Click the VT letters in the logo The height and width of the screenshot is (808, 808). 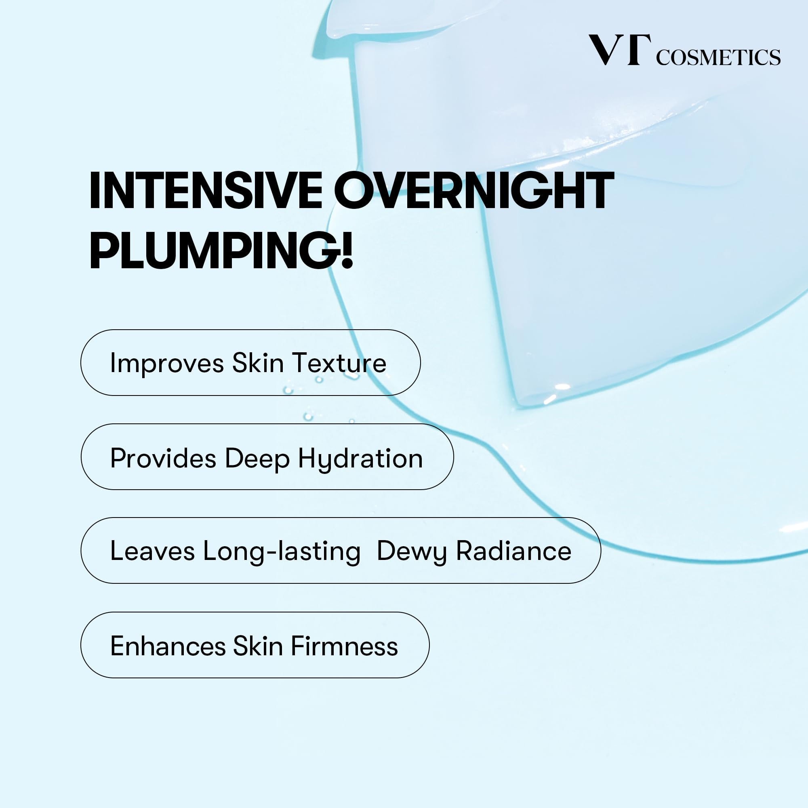coord(620,50)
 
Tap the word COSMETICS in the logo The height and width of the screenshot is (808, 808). coord(718,57)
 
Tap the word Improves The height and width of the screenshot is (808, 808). coord(167,364)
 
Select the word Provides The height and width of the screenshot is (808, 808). coord(163,458)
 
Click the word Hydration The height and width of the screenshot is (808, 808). coord(360,460)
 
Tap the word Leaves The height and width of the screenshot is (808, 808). coord(152,551)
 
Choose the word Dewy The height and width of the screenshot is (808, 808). coord(412,552)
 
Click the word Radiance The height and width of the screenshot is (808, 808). coord(513,551)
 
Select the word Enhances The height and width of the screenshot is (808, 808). coord(168,646)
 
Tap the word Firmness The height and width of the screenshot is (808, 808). coord(344,646)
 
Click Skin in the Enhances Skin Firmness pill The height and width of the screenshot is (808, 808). coord(258,646)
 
